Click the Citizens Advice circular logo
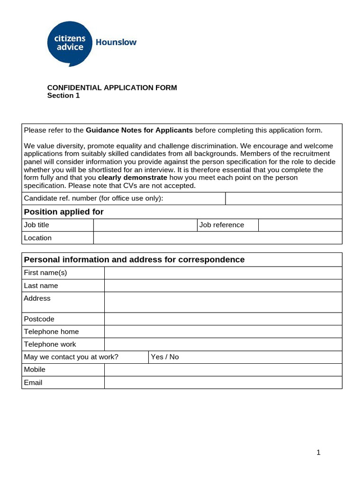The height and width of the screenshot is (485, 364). click(70, 43)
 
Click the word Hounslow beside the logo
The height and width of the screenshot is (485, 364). click(116, 42)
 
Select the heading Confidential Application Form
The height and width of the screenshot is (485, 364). click(112, 88)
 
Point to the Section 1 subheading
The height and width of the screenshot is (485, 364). click(64, 96)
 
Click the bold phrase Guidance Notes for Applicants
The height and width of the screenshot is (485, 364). click(139, 130)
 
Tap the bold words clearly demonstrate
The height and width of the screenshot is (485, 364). click(133, 178)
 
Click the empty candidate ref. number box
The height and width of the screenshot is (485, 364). click(283, 198)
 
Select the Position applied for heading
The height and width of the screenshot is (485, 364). click(64, 212)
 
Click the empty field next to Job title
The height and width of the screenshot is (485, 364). click(145, 225)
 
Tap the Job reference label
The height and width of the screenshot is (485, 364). click(222, 225)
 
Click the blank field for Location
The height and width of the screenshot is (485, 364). click(218, 238)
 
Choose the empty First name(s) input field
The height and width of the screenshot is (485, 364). click(223, 273)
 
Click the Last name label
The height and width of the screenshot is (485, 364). click(41, 286)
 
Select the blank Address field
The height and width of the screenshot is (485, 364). click(223, 302)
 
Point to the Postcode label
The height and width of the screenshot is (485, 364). click(39, 319)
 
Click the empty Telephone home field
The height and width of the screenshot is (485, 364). click(223, 332)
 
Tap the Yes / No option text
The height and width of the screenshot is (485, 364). click(165, 357)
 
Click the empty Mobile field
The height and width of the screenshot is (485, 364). click(223, 370)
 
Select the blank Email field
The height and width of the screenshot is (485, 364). click(223, 383)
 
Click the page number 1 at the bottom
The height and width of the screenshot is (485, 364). click(318, 452)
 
